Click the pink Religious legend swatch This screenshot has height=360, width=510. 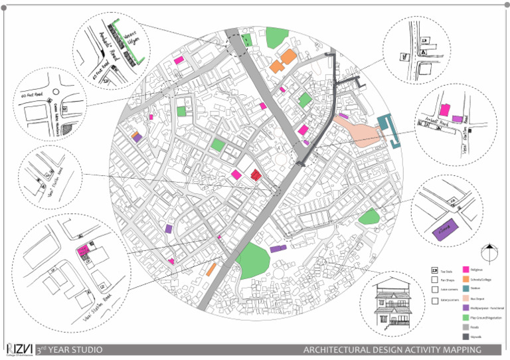coord(466,269)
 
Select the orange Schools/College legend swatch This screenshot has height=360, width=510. coord(466,279)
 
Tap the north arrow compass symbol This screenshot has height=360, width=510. coord(489,252)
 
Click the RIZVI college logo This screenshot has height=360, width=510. coord(19,349)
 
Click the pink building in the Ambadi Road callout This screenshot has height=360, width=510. coord(444,110)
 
